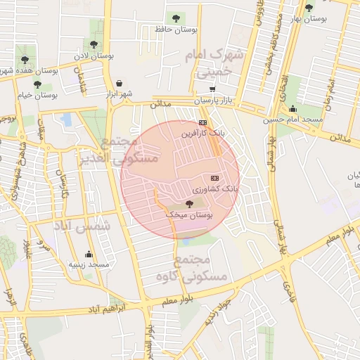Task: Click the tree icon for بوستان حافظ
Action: tap(175, 18)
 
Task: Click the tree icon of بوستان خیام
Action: tap(37, 84)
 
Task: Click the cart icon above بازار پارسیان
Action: tap(213, 89)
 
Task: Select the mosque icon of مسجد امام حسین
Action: tap(292, 108)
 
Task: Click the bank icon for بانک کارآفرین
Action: tap(203, 122)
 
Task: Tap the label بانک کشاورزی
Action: tap(216, 189)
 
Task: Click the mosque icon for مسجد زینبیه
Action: tap(89, 255)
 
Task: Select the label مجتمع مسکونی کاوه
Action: tap(204, 269)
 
